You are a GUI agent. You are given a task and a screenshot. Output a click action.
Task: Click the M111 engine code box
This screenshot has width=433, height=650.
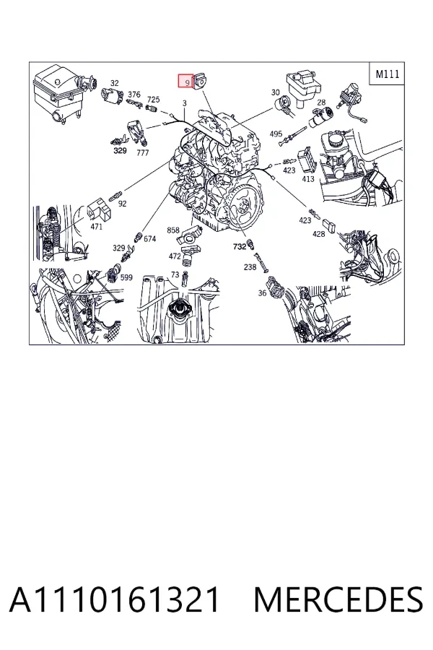click(387, 74)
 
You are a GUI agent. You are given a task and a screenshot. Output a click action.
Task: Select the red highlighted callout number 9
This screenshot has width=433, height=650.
click(185, 81)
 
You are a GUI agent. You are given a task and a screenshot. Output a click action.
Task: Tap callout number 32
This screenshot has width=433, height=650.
click(115, 83)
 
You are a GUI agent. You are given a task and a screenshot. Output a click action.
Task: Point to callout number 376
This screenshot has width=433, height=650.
click(134, 95)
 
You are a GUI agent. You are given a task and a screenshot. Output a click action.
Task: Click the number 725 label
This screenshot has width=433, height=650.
click(153, 100)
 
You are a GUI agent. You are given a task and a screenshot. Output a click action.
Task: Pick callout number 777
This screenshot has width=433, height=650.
click(143, 152)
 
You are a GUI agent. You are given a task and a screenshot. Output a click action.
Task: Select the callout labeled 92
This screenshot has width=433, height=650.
click(122, 204)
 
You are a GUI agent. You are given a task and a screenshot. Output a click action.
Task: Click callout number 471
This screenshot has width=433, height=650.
click(96, 226)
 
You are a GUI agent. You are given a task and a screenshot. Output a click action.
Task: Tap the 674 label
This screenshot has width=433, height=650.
click(149, 238)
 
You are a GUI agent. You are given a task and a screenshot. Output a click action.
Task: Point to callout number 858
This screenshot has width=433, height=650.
click(173, 230)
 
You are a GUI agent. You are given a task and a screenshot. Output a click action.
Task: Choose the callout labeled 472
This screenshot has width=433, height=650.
click(175, 256)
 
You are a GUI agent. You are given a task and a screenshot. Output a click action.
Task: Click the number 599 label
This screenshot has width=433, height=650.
click(126, 277)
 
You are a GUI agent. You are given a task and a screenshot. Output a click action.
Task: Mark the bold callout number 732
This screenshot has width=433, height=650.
click(240, 246)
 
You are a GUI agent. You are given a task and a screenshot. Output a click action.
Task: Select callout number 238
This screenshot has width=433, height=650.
click(250, 267)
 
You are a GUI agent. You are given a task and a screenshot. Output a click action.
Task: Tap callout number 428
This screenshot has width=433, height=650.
click(318, 234)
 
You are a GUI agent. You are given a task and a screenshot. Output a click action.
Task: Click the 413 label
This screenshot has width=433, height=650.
click(308, 179)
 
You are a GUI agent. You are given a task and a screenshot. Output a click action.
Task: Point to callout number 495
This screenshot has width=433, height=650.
click(276, 134)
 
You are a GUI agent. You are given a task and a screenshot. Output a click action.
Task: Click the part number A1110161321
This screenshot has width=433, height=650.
click(114, 599)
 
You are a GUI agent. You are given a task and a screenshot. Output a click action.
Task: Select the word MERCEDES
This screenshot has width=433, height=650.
click(338, 599)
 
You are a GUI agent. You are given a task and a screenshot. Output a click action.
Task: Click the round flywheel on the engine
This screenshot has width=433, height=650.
click(245, 204)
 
